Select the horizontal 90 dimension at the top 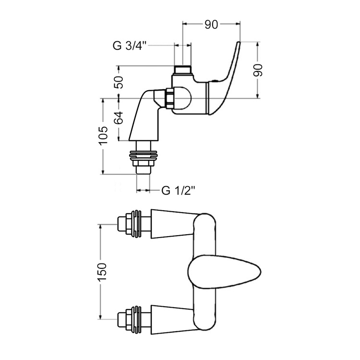click(212, 25)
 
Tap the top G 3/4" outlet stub click(182, 70)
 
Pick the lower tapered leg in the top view click(170, 319)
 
